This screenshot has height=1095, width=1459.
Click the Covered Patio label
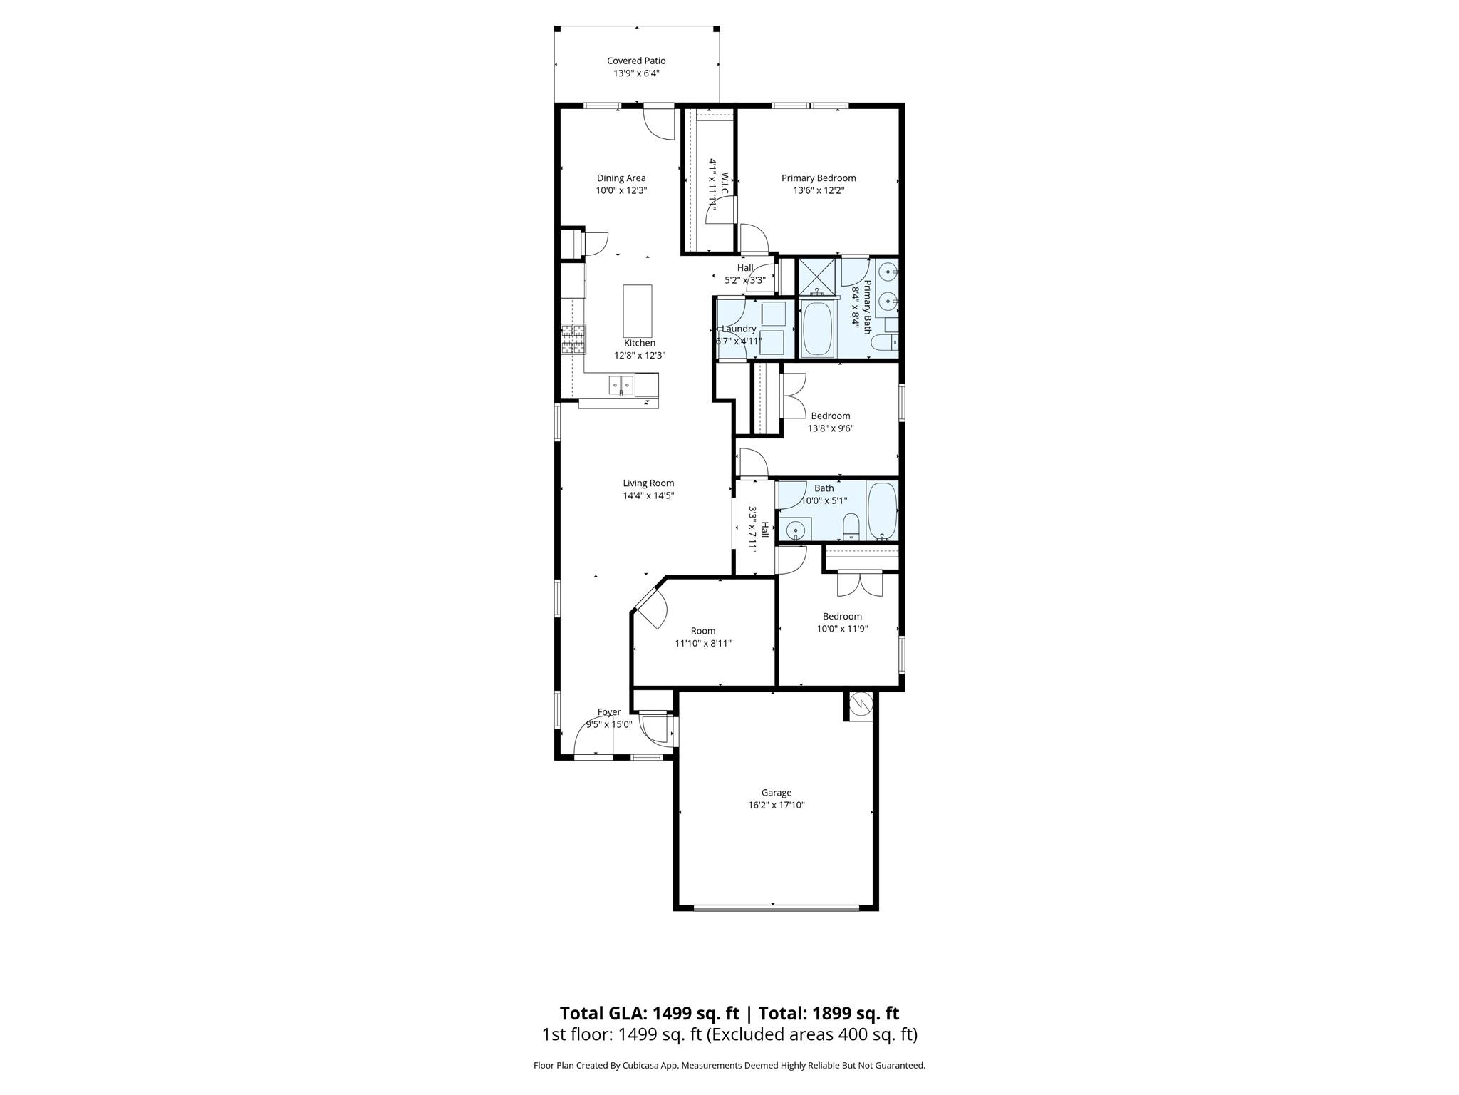[x=636, y=61]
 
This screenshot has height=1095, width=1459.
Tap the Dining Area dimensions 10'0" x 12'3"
[x=621, y=190]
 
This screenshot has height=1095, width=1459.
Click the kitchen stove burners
[x=573, y=339]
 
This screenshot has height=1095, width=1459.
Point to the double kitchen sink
[x=621, y=385]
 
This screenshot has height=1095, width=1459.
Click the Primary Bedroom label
[x=819, y=178]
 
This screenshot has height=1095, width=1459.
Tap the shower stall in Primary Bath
[x=819, y=277]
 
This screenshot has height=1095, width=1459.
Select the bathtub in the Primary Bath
[x=816, y=329]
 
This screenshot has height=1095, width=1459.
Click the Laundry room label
[x=738, y=329]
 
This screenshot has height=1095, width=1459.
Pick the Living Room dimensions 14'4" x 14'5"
[x=648, y=495]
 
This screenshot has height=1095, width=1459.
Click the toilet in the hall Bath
[x=851, y=528]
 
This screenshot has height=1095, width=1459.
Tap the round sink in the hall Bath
[x=795, y=530]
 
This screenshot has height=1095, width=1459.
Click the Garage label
[x=776, y=792]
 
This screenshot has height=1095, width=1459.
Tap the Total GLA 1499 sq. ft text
[x=649, y=1013]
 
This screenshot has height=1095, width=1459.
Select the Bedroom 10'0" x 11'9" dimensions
[x=842, y=629]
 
